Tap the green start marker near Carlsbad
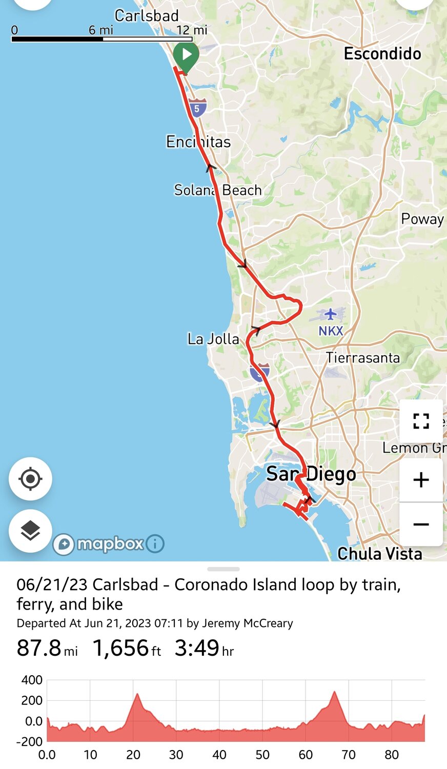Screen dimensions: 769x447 (x=186, y=55)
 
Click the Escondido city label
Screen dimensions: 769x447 (x=382, y=54)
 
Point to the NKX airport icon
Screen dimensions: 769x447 (x=331, y=314)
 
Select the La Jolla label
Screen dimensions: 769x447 (x=213, y=339)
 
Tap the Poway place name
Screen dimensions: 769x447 (x=422, y=219)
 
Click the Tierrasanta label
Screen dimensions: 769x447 (x=363, y=357)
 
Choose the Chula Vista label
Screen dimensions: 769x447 (x=380, y=554)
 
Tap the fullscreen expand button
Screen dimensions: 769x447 (x=421, y=421)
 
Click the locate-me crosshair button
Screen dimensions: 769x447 (x=30, y=479)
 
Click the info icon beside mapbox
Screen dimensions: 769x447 (x=155, y=543)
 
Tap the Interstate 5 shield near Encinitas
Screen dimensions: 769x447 (x=197, y=108)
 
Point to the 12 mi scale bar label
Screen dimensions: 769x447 (x=192, y=30)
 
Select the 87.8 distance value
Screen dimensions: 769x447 (x=39, y=648)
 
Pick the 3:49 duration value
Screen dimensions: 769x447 (x=197, y=648)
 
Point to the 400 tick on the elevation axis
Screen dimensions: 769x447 (x=32, y=680)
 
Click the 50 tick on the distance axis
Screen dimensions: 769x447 (x=262, y=755)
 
